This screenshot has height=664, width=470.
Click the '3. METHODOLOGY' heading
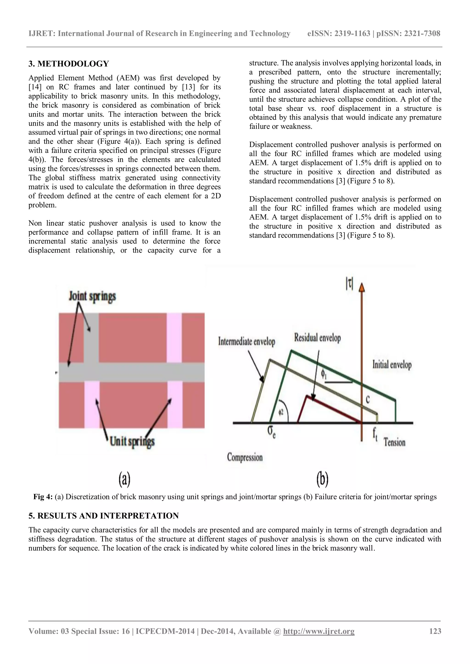click(69, 64)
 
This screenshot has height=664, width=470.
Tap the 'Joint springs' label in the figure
click(92, 296)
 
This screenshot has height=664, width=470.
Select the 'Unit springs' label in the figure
click(132, 442)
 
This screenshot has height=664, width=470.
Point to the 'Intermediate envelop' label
click(246, 342)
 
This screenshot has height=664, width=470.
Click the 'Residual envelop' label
click(317, 337)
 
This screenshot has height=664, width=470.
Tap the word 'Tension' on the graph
click(394, 442)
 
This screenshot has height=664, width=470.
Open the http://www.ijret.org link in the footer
click(319, 639)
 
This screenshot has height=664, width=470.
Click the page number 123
click(435, 639)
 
